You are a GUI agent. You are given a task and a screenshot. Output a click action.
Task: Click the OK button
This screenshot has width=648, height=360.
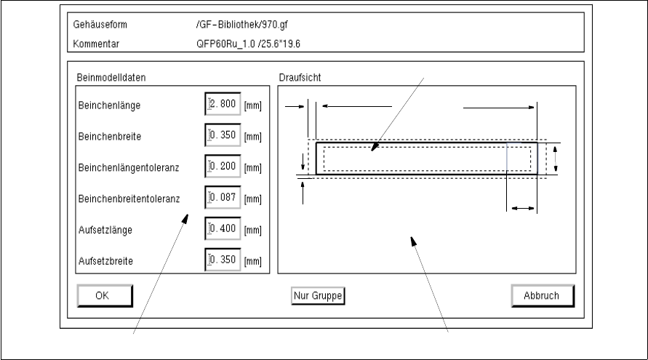[104, 295]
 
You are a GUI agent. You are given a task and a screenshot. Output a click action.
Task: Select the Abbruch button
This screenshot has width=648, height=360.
[543, 295]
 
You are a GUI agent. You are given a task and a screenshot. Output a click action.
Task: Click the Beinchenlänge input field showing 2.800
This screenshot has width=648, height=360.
[223, 105]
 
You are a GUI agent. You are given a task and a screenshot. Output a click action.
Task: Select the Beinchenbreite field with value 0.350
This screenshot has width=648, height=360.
[223, 136]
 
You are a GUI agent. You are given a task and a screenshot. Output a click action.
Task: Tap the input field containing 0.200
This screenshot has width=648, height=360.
[223, 167]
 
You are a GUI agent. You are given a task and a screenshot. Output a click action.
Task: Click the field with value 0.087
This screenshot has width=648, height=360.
[223, 198]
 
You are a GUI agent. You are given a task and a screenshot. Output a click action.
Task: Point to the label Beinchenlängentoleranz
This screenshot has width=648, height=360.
[128, 167]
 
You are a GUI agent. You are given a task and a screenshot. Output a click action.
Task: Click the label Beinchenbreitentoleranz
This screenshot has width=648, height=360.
[129, 198]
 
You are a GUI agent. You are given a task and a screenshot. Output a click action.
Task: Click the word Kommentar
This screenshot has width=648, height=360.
[95, 43]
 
